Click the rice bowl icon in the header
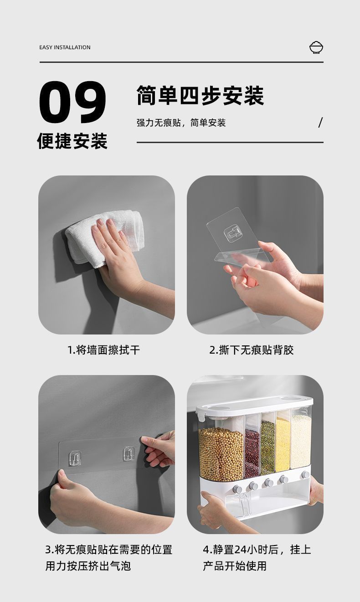(316, 47)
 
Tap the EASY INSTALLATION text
(65, 47)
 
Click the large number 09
(72, 103)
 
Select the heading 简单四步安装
(200, 96)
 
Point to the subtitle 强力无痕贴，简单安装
(181, 123)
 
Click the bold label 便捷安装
(72, 141)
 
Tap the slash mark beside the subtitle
(320, 123)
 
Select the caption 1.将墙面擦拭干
(103, 350)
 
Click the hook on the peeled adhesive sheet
(232, 234)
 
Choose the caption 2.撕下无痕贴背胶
(252, 350)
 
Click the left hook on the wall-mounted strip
(75, 458)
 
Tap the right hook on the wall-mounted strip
(129, 453)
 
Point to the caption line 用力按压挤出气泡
(88, 566)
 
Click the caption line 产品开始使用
(235, 566)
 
